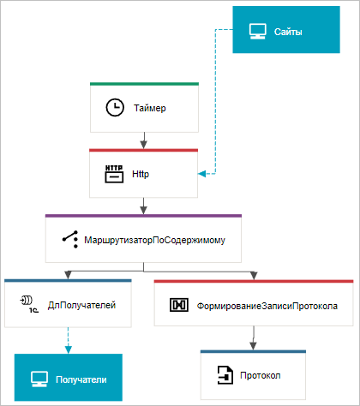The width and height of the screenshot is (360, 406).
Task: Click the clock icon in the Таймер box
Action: click(x=115, y=108)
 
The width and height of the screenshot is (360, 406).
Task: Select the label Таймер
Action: click(x=150, y=108)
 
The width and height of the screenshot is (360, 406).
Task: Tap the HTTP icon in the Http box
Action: click(x=114, y=174)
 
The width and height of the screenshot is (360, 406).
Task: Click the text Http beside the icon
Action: click(x=141, y=174)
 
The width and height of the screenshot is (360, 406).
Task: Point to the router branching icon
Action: click(x=70, y=239)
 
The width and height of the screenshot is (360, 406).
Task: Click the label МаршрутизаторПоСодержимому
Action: click(x=154, y=240)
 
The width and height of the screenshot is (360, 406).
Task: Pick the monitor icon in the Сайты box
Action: click(x=258, y=31)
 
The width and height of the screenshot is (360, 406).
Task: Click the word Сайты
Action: click(x=288, y=32)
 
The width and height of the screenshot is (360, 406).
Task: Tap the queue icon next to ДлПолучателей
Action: click(x=29, y=304)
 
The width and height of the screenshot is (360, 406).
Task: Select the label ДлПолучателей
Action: click(x=81, y=305)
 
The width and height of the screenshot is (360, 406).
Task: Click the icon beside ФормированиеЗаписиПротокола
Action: click(x=179, y=305)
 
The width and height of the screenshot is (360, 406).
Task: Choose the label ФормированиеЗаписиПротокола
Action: click(x=267, y=306)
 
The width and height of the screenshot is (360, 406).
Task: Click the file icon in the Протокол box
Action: click(x=225, y=375)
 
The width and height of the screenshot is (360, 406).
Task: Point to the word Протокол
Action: click(x=261, y=375)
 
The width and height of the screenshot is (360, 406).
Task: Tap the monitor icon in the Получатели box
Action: click(x=39, y=379)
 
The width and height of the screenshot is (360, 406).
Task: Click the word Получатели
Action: click(x=81, y=379)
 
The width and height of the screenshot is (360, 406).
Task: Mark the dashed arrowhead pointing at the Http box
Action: click(x=201, y=174)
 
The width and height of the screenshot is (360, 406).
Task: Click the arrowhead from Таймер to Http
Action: click(x=144, y=145)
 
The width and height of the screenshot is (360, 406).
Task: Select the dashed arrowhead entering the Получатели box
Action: click(x=69, y=349)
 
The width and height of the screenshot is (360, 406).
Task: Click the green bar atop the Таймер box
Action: click(x=144, y=84)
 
